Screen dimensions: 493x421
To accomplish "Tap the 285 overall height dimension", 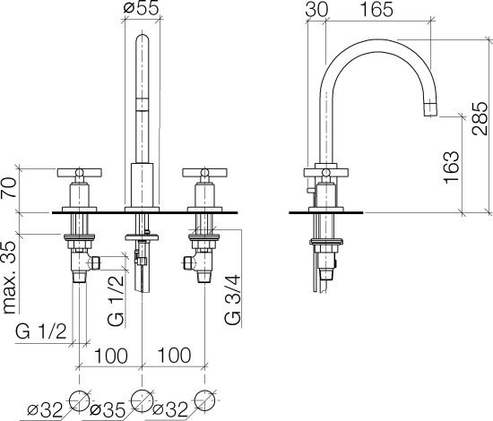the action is coord(480,118).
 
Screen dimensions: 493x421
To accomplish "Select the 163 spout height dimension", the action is coord(451,168).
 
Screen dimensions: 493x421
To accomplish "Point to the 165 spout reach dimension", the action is coord(376,10).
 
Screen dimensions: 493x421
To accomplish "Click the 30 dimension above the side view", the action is coord(316,10).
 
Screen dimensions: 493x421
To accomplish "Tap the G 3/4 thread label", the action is coord(233,299).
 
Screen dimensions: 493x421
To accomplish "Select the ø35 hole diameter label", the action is coord(108,409).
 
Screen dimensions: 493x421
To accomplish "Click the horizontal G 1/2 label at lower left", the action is coord(41,331).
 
